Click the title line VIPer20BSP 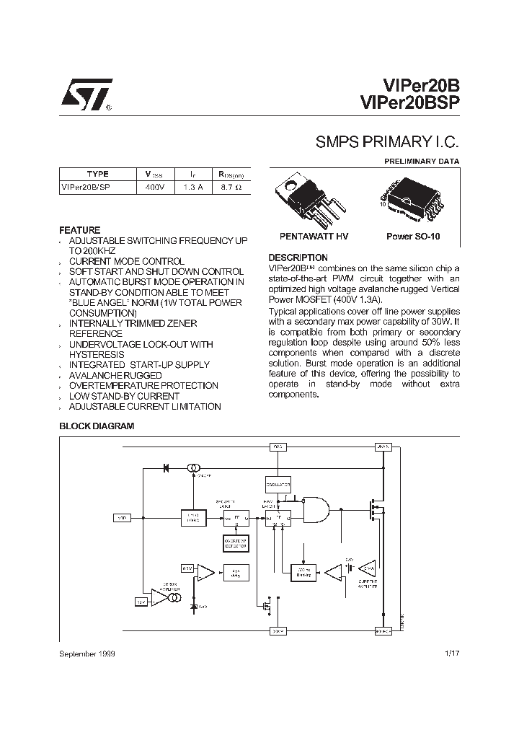(408, 103)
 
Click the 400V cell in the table (155, 187)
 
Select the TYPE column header (97, 174)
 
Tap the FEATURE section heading (80, 230)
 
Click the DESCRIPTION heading (298, 258)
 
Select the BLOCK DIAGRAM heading (97, 426)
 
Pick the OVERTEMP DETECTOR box (234, 543)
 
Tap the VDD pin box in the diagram (123, 517)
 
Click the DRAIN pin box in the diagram (383, 447)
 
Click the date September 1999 (86, 654)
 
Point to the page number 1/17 (452, 654)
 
